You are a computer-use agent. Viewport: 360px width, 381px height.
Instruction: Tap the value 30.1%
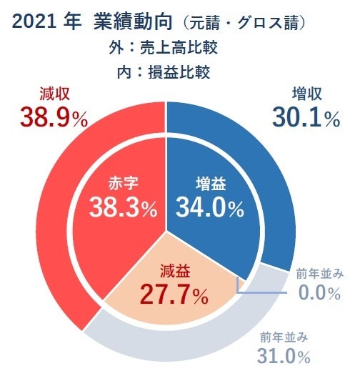(306, 117)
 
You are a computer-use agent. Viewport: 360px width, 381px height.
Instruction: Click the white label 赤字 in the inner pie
(122, 184)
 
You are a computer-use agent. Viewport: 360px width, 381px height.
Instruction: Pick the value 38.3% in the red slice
(123, 208)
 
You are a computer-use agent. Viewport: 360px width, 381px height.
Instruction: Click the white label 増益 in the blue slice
(210, 184)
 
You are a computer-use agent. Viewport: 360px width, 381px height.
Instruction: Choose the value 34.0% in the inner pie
(210, 208)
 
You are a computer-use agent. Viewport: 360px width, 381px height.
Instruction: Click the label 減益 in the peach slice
(174, 271)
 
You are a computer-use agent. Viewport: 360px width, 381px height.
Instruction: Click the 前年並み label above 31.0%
(284, 336)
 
